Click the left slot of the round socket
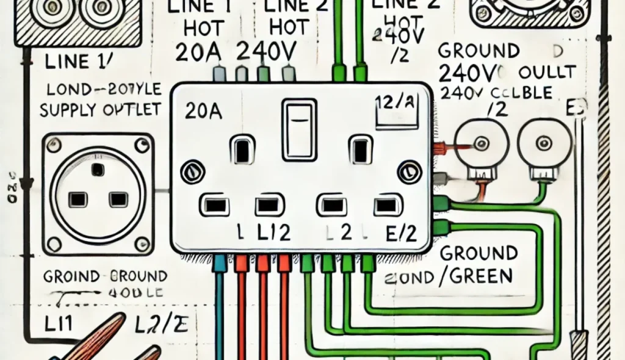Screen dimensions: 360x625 [78, 199]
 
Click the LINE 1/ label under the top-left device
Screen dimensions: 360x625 [71, 62]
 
